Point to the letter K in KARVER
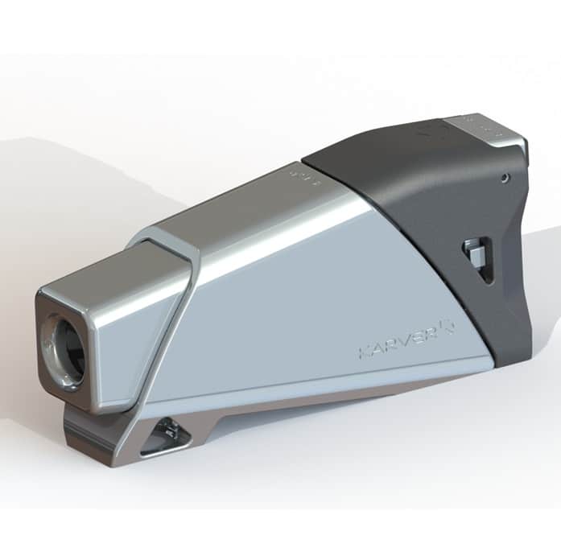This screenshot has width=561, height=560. (x=364, y=352)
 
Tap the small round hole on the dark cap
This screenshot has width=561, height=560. (x=504, y=177)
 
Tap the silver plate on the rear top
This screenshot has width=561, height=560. (x=483, y=129)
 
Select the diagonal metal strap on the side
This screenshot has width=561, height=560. (x=173, y=322)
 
